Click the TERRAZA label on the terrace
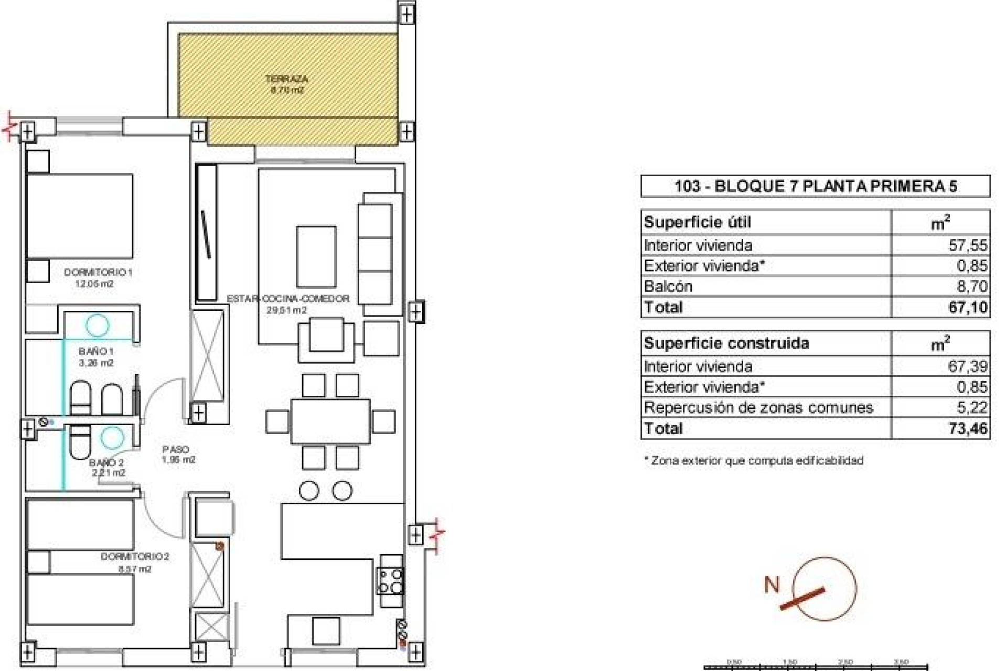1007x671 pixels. click(x=286, y=79)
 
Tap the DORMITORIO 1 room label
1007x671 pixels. click(x=98, y=273)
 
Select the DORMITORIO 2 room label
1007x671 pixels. click(x=135, y=557)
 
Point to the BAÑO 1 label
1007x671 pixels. click(x=97, y=351)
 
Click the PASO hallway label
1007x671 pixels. click(x=176, y=450)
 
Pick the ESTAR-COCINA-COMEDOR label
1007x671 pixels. click(x=288, y=299)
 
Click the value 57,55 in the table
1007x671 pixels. click(x=968, y=245)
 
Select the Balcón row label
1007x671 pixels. click(x=668, y=286)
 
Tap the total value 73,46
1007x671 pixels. click(x=968, y=428)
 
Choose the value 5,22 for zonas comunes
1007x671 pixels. click(x=971, y=407)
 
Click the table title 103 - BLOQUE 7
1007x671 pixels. click(x=815, y=186)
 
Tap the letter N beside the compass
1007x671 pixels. click(x=772, y=585)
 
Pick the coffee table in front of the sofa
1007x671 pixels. click(x=316, y=256)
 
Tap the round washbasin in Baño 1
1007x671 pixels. click(x=98, y=324)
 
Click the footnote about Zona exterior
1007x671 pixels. click(x=753, y=461)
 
